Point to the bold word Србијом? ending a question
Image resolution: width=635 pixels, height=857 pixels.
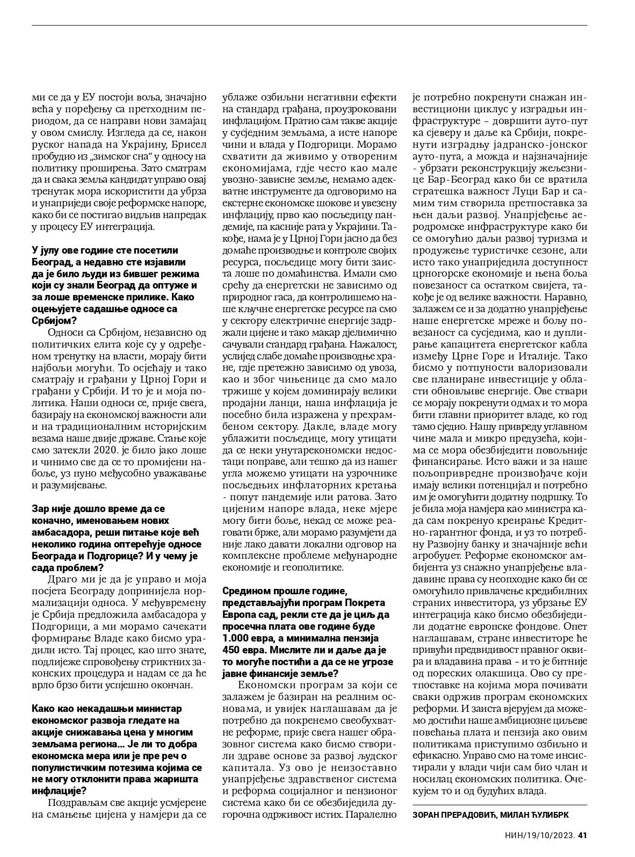coord(50,321)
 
